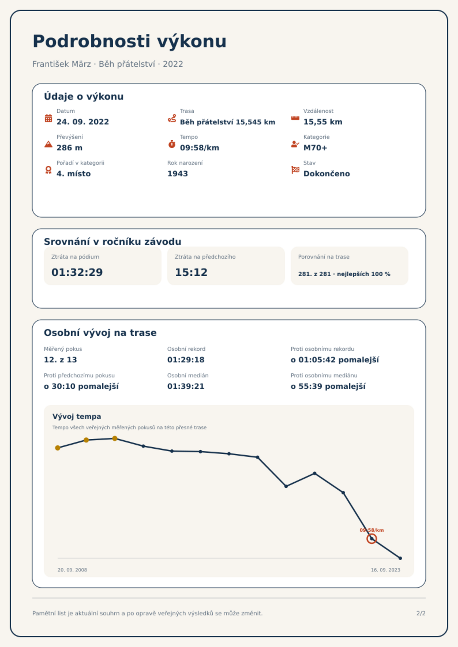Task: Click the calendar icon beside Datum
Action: pos(48,118)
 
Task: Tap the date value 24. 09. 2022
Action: pos(83,122)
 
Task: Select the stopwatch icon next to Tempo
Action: pos(172,144)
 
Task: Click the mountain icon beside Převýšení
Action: pos(48,144)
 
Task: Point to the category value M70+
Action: pos(315,148)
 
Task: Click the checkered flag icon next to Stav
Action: pos(295,170)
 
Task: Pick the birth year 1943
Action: pos(178,174)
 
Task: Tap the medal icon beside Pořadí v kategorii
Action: pos(48,170)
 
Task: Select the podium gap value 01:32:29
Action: pos(77,272)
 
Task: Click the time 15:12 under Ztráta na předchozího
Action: pos(191,272)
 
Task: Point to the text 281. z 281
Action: pos(314,274)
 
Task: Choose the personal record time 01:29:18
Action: pos(186,360)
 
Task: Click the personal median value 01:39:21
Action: pos(186,386)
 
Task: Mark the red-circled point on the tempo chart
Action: pos(372,539)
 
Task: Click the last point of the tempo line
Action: pos(400,558)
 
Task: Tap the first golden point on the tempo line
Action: pos(58,448)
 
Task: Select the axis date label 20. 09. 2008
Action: pos(72,570)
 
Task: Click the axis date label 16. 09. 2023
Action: pos(386,570)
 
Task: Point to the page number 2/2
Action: pos(421,613)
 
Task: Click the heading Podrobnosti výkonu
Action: pos(129,41)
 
